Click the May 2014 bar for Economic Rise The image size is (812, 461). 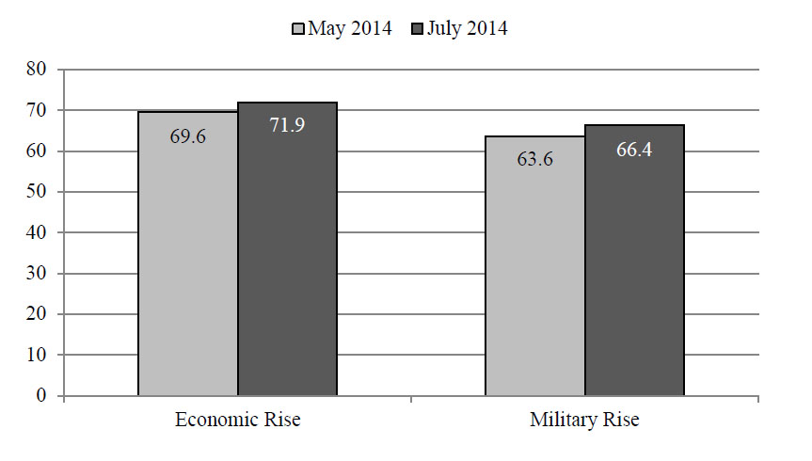pos(188,254)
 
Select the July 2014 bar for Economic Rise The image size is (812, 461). pos(287,249)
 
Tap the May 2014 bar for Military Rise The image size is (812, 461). pos(535,266)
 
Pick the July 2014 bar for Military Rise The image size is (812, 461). pos(634,261)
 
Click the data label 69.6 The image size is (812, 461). pos(188,136)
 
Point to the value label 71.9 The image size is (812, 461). pos(287,125)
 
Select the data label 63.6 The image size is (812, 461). pos(535,159)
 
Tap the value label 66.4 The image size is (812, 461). pos(634,151)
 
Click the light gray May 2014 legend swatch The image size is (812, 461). pos(297,28)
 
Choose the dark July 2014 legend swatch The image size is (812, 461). pos(418,28)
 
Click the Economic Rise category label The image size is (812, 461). pos(238,420)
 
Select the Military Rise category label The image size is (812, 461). pos(584,420)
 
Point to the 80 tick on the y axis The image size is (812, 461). pos(37,69)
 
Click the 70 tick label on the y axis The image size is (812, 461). pos(37,110)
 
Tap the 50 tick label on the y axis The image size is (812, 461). pos(37,192)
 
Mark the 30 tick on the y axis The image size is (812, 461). pos(37,273)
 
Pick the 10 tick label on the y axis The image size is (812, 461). pos(37,355)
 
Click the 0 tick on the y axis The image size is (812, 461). pos(41,396)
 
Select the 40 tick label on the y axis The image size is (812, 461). pos(37,232)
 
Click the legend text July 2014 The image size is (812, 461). pos(467,28)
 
